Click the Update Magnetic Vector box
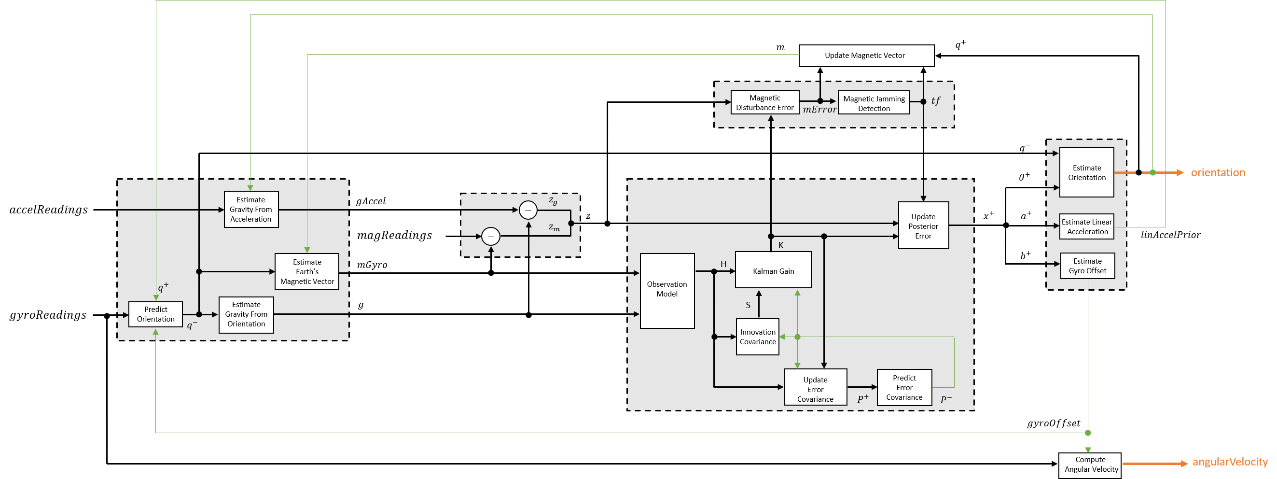[x=866, y=56]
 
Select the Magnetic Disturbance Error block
[x=764, y=102]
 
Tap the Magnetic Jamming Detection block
[x=874, y=103]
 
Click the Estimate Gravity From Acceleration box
[x=251, y=209]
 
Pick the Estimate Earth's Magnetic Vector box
[x=307, y=271]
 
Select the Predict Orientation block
[x=156, y=314]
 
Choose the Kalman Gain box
[x=773, y=270]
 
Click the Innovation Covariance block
[x=758, y=337]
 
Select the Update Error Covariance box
[x=815, y=388]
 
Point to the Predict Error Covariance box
[x=904, y=387]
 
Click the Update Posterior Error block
[x=923, y=225]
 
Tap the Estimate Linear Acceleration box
[x=1087, y=226]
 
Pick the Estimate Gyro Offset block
[x=1087, y=266]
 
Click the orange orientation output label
[x=1218, y=172]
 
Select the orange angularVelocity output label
[x=1229, y=462]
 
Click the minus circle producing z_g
[x=528, y=210]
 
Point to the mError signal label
[x=819, y=110]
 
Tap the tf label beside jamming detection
[x=935, y=100]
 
